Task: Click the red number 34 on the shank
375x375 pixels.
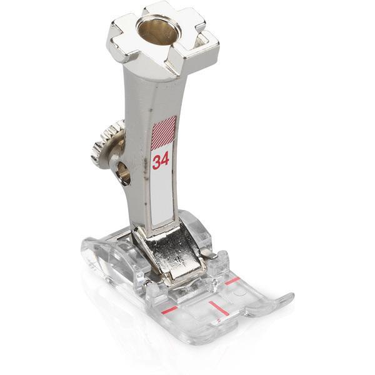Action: pos(161,160)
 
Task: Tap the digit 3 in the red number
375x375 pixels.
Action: pos(157,162)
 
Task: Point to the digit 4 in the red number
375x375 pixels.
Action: pos(165,159)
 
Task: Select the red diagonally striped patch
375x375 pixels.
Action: pos(164,131)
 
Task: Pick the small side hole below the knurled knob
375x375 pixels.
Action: pos(123,173)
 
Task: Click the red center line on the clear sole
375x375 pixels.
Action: pos(219,307)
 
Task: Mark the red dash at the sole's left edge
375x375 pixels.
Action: pos(169,309)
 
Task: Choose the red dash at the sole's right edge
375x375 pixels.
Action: pos(232,281)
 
